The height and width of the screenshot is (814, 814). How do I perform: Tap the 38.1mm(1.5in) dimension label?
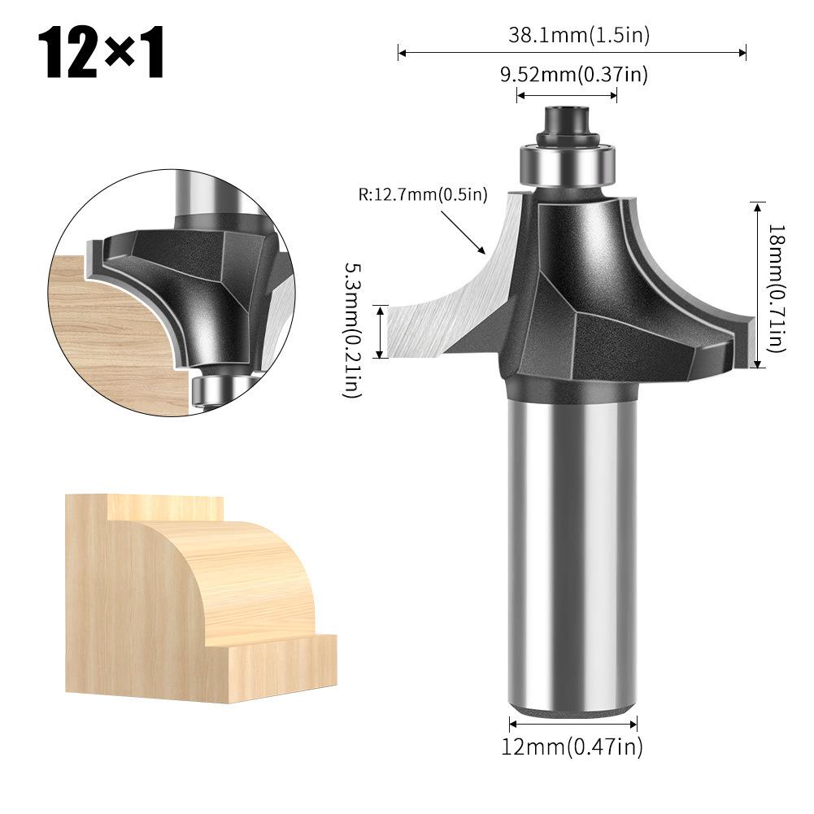click(579, 35)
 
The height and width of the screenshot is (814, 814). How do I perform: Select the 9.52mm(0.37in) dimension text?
click(573, 75)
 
